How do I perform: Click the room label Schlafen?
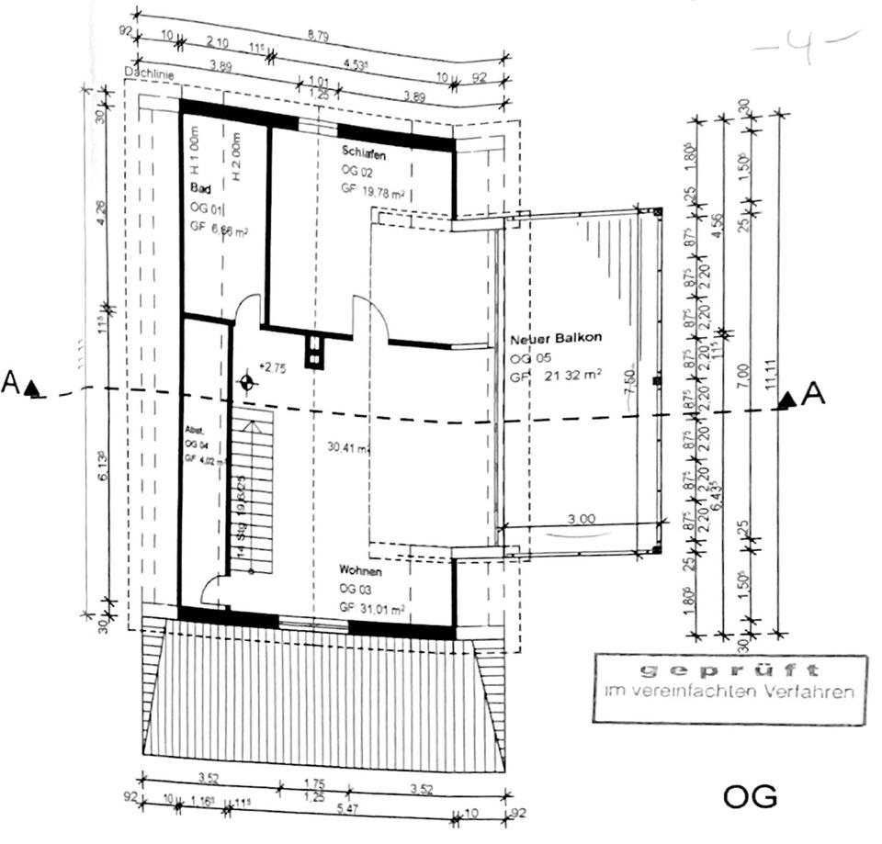click(363, 152)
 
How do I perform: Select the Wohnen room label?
click(360, 570)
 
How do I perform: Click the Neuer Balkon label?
click(556, 338)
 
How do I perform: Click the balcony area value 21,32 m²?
click(571, 374)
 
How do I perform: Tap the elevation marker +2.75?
click(274, 366)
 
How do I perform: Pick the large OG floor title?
click(750, 796)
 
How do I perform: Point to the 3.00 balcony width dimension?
click(582, 519)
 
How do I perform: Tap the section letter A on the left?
click(11, 383)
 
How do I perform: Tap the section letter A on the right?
click(814, 395)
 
